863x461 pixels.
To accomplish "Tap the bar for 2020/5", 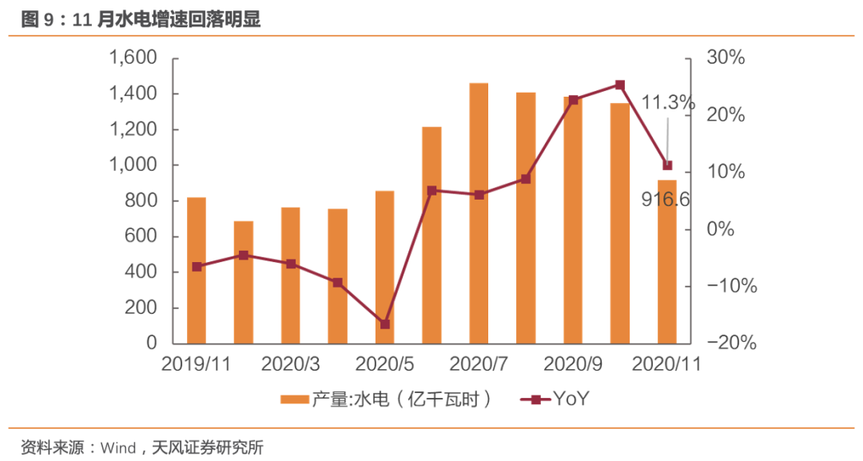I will [x=384, y=267].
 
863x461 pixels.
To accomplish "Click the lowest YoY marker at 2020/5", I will [x=384, y=324].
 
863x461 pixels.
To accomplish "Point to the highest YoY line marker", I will [x=620, y=85].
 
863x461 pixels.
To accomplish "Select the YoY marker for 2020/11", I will [x=667, y=165].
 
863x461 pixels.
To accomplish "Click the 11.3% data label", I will [x=668, y=102].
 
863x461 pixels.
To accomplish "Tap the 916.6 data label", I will [x=666, y=200].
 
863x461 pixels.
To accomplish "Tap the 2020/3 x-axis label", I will [x=291, y=364].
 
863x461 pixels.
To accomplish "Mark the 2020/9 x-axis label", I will [x=573, y=364].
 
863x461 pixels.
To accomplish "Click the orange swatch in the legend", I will [x=295, y=399].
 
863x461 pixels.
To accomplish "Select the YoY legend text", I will [x=571, y=399].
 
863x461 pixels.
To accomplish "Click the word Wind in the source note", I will [x=117, y=447].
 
